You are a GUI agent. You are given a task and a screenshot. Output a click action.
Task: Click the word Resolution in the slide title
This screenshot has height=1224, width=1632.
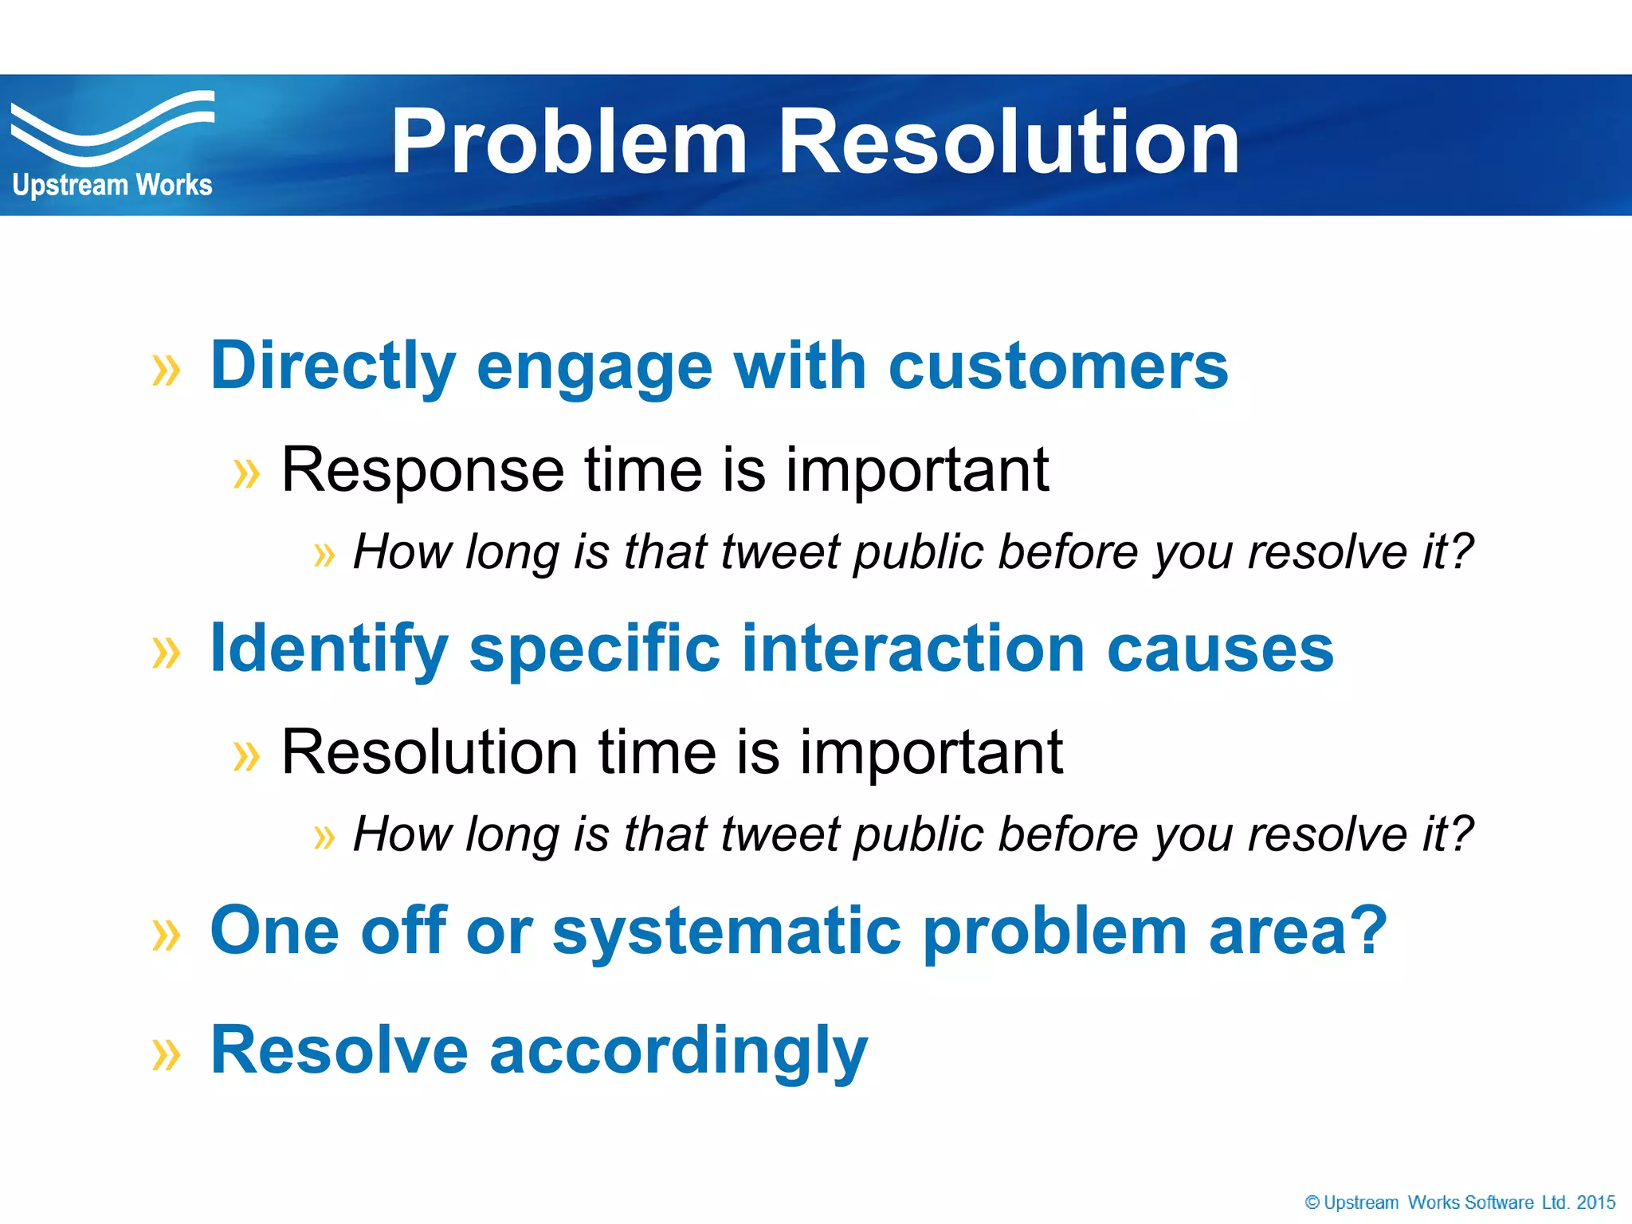click(x=1008, y=143)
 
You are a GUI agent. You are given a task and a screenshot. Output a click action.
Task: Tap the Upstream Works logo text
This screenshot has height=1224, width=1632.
click(x=112, y=186)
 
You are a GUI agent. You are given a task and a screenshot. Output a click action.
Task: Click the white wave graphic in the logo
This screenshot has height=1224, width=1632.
click(x=112, y=127)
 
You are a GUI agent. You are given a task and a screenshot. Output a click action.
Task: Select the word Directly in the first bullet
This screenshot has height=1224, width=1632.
click(x=332, y=367)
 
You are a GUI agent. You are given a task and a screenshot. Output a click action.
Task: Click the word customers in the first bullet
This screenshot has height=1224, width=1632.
click(x=1058, y=367)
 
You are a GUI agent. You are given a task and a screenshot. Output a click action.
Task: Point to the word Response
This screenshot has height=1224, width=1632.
click(x=422, y=470)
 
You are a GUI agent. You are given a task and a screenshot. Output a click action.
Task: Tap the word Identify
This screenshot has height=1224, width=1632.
click(x=328, y=649)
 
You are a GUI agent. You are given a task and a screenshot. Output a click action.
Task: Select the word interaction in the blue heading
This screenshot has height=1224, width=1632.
click(x=913, y=649)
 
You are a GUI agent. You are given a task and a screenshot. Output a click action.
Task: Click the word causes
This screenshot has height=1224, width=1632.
click(x=1220, y=649)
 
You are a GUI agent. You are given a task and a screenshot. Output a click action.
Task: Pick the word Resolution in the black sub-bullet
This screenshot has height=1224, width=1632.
click(x=430, y=752)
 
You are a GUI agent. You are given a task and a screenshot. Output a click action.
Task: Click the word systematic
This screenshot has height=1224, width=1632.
click(x=727, y=932)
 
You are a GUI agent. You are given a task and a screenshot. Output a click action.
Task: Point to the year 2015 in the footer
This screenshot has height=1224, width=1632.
click(x=1595, y=1202)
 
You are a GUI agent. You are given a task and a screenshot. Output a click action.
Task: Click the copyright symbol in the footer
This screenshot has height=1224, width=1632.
click(x=1312, y=1202)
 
